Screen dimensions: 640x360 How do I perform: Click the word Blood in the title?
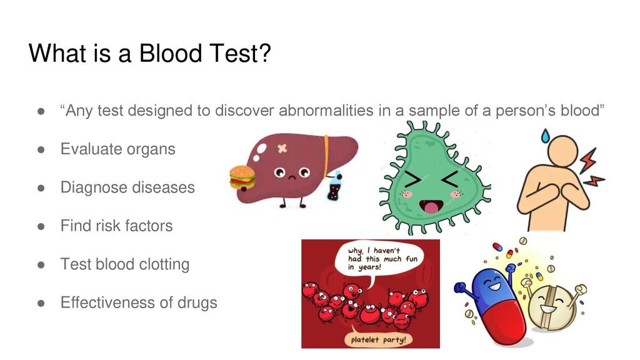click(171, 53)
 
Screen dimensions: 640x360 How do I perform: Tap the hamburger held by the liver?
click(242, 178)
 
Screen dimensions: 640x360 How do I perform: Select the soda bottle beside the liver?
click(334, 186)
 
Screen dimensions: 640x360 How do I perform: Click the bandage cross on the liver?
click(282, 149)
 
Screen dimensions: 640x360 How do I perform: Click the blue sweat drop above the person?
click(545, 136)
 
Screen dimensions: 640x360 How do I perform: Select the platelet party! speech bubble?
click(378, 338)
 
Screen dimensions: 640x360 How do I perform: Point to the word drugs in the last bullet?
click(197, 303)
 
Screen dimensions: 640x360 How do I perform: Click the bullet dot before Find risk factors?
click(41, 226)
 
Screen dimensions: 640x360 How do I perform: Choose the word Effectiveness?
click(107, 302)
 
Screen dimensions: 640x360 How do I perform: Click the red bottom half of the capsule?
click(501, 322)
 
